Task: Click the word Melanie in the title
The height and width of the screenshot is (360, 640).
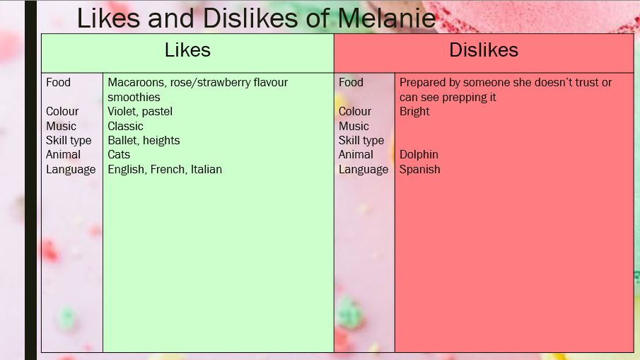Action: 387,18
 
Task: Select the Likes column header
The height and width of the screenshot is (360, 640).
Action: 187,50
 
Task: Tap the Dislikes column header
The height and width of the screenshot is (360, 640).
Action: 484,50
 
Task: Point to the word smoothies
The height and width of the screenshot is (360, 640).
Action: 134,97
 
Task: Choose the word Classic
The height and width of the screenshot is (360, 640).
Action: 125,126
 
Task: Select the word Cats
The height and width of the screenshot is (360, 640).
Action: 119,155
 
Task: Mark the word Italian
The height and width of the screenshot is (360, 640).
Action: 206,169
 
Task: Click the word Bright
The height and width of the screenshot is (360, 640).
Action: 414,112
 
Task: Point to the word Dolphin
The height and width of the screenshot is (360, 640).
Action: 419,155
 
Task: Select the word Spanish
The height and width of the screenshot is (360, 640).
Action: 419,169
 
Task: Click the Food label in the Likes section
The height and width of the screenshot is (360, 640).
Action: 59,83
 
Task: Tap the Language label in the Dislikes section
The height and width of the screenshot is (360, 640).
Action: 363,170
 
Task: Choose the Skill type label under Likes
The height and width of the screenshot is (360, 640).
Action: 69,141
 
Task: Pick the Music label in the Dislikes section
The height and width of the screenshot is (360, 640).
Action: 354,126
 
